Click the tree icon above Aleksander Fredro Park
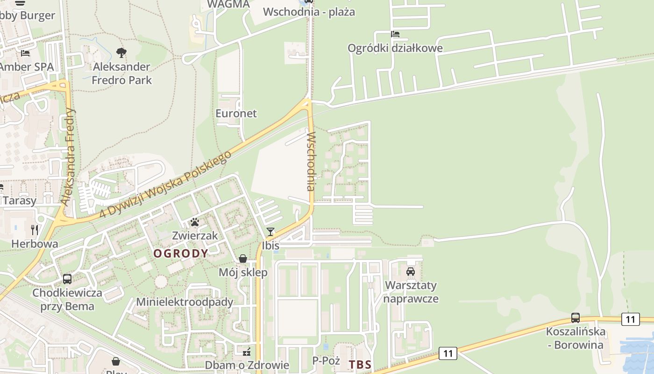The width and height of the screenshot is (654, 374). (x=121, y=52)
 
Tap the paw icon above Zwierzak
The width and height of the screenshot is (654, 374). (x=195, y=222)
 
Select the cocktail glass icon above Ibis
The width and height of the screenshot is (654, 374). (x=270, y=231)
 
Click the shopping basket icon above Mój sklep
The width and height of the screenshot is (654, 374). (x=243, y=259)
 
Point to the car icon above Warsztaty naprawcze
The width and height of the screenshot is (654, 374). (x=411, y=271)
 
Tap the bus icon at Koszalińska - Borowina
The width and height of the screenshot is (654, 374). (x=576, y=318)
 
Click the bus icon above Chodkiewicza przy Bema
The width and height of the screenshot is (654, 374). (x=67, y=279)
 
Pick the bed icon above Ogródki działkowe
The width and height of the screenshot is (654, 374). (x=395, y=34)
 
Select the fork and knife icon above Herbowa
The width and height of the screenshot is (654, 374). (x=35, y=230)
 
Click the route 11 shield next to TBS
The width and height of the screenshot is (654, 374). (x=448, y=353)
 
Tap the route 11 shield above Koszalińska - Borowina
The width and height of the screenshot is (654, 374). (x=631, y=319)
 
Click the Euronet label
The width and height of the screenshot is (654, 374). (x=236, y=114)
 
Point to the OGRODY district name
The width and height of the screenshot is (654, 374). (x=181, y=253)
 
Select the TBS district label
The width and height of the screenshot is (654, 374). (x=360, y=365)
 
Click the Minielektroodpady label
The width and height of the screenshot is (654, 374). (x=185, y=302)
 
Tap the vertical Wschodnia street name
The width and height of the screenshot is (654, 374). (x=311, y=161)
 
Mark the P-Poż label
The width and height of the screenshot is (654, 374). (x=325, y=360)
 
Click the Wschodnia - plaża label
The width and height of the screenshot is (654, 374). (x=309, y=12)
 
